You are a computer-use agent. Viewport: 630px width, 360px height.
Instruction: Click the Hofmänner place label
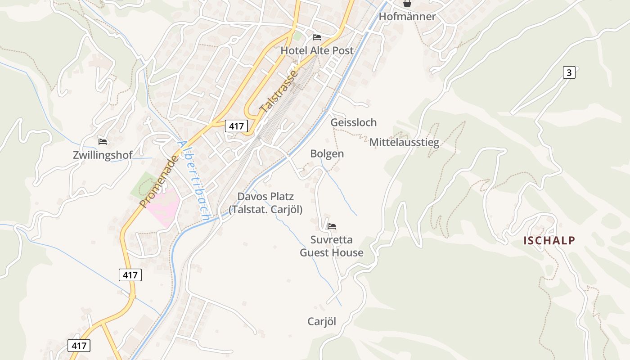[407, 17]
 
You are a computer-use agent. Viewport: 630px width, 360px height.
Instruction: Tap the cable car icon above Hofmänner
[407, 4]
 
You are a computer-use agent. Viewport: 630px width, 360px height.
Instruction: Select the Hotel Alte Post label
[317, 50]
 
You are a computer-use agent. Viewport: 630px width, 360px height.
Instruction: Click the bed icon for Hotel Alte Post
[317, 37]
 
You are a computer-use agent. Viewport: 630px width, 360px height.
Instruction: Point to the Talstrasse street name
[279, 91]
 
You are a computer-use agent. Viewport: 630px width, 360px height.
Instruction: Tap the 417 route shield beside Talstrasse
[237, 126]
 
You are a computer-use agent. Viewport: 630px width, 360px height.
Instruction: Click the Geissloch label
[353, 122]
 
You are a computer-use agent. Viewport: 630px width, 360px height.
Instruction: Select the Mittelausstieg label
[404, 143]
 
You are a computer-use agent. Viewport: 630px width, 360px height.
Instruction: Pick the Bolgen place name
[327, 154]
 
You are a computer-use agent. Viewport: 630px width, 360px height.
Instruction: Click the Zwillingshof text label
[103, 155]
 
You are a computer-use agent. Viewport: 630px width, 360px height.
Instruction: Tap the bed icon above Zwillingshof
[103, 142]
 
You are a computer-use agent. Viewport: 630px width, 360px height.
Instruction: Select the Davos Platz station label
[265, 203]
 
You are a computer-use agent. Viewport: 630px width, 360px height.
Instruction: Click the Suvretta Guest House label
[332, 246]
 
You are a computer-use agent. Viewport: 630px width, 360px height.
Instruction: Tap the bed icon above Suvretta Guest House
[332, 226]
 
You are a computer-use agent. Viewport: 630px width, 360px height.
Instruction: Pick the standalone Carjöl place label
[322, 321]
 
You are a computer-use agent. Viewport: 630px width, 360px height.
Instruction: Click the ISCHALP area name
[549, 241]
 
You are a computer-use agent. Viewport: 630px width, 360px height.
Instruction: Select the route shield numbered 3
[569, 72]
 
